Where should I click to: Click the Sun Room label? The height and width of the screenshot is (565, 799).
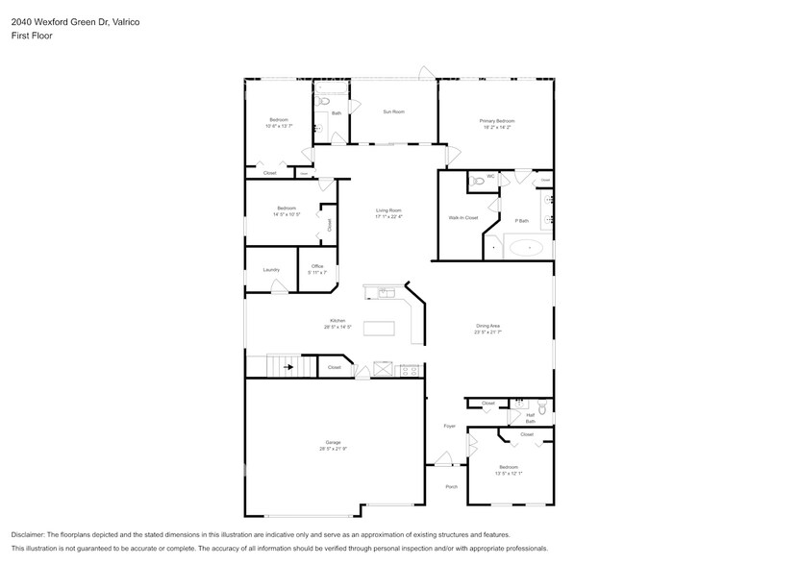(x=393, y=111)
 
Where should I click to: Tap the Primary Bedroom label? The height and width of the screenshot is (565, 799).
(x=496, y=121)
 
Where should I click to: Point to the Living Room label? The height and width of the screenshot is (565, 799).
(x=387, y=209)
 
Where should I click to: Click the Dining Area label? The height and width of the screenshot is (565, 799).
(x=488, y=326)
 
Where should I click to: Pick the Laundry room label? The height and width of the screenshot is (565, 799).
(x=271, y=269)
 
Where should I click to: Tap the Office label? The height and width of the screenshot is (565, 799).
(x=317, y=266)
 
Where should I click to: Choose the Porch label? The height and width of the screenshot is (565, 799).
(x=451, y=486)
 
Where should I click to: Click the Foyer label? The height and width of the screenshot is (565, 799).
(x=448, y=426)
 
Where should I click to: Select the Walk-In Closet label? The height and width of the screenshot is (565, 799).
(x=462, y=218)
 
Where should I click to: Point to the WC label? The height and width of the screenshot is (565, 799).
(x=490, y=176)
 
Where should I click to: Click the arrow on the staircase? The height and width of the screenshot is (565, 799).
(x=287, y=366)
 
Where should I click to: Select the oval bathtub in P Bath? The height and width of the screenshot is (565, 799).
(x=525, y=248)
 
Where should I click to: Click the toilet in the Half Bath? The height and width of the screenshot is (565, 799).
(x=542, y=408)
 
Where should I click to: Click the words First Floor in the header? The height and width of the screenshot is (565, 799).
(x=32, y=36)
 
